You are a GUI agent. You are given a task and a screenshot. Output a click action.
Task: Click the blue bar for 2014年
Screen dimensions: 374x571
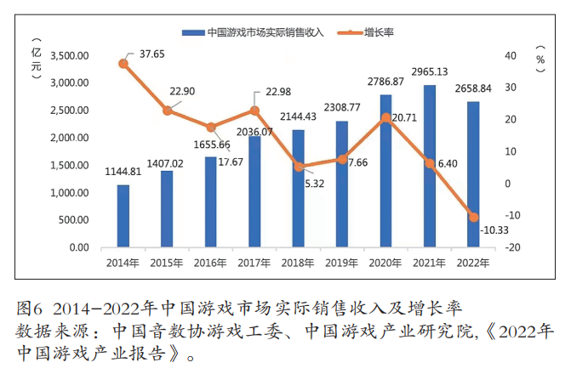123,216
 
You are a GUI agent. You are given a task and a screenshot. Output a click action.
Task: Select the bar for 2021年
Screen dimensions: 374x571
430,166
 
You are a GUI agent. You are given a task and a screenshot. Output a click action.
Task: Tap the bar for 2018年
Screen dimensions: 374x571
299,188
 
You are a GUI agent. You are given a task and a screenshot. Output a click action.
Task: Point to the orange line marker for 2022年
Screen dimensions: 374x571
474,218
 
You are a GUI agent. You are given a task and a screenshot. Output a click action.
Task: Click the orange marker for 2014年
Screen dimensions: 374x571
123,64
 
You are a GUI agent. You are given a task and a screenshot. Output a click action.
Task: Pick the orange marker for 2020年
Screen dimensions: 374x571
385,117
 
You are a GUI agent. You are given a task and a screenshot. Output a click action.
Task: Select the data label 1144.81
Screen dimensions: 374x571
123,171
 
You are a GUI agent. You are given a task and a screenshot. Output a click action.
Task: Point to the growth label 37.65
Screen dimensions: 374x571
152,53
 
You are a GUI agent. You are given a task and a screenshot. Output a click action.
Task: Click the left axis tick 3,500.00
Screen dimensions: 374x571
71,56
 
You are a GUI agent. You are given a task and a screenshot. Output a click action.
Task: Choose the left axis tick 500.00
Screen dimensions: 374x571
74,220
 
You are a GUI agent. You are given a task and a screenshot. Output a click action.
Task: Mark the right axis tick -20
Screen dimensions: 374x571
511,247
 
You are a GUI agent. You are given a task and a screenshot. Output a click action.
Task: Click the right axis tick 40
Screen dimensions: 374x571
510,56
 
